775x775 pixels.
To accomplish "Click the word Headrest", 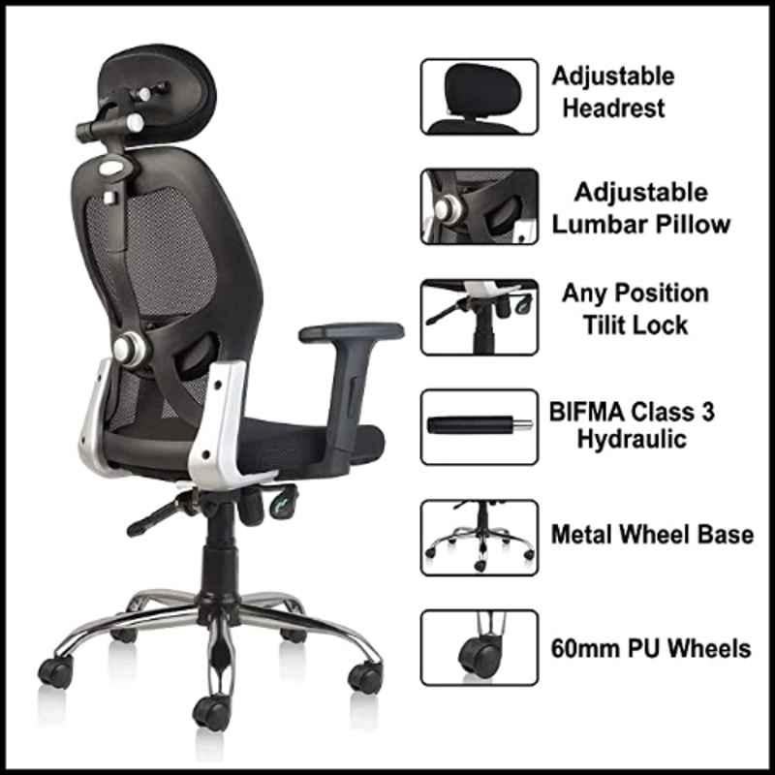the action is pyautogui.click(x=614, y=108).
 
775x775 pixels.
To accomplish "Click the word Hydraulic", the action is pyautogui.click(x=633, y=439).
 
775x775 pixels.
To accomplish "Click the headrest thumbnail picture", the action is pyautogui.click(x=479, y=97).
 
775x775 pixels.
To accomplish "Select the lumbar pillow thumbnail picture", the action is pyautogui.click(x=479, y=206).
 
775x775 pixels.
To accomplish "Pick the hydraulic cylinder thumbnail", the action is pyautogui.click(x=479, y=427).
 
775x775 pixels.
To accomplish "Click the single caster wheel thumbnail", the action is pyautogui.click(x=479, y=647).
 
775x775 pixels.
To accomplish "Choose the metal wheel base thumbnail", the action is pyautogui.click(x=479, y=538).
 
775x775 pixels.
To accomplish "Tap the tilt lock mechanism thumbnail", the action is pyautogui.click(x=479, y=318).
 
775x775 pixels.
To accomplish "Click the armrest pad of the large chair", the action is pyautogui.click(x=352, y=332).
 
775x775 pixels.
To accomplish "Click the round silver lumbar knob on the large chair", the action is pyautogui.click(x=129, y=349).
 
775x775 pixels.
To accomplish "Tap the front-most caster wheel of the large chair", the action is pyautogui.click(x=212, y=712).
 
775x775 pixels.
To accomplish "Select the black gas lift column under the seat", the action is pyautogui.click(x=220, y=548).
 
